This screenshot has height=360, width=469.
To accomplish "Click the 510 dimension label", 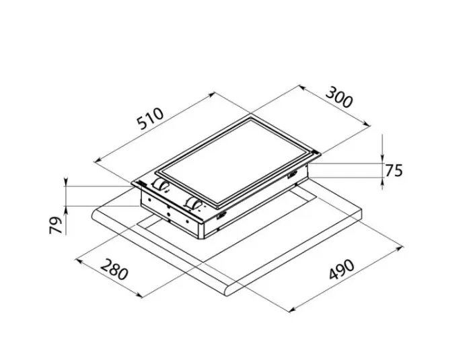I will point(151,120).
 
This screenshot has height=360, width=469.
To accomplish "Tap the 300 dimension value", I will point(338,99).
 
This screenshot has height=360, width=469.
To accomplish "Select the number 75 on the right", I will point(394,170).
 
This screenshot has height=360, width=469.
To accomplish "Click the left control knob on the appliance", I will point(161,184).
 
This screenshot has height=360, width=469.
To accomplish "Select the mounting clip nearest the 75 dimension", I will point(293,176).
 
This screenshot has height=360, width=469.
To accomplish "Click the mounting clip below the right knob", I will point(220,216).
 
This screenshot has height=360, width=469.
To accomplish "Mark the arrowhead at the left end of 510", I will point(96,161).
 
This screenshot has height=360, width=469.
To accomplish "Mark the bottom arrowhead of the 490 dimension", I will point(290,310).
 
